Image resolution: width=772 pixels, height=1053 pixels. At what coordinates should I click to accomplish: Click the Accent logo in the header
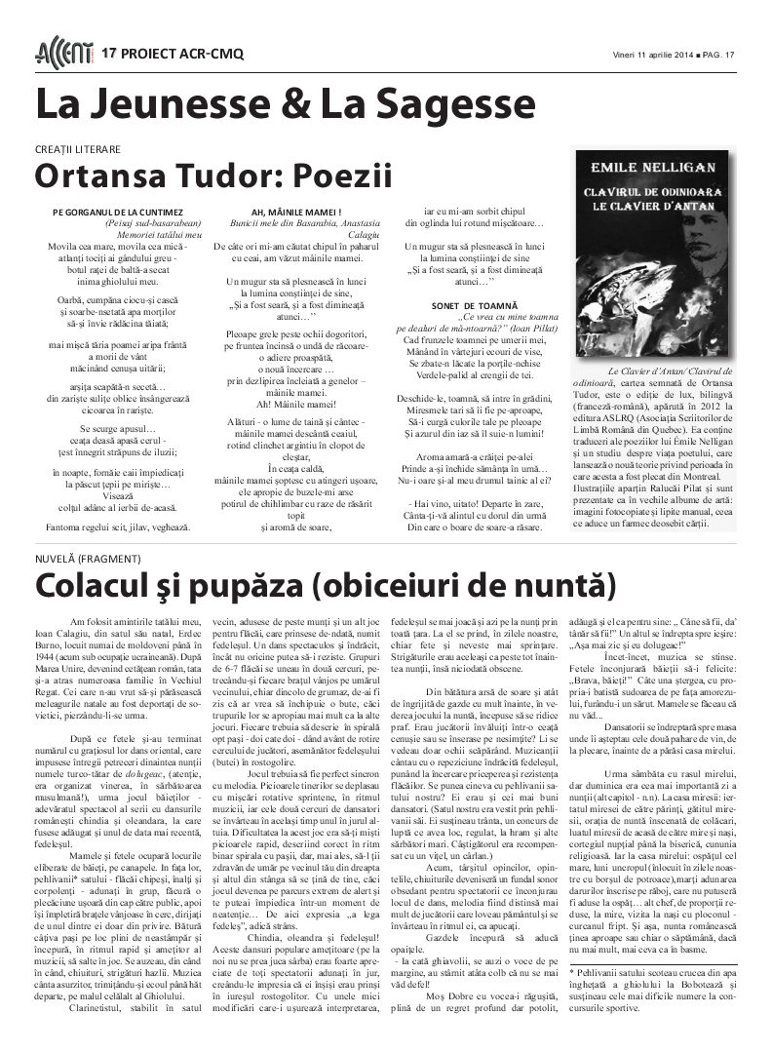(x=63, y=52)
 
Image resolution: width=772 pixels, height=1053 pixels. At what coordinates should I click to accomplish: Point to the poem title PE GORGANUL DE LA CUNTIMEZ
(x=117, y=213)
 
